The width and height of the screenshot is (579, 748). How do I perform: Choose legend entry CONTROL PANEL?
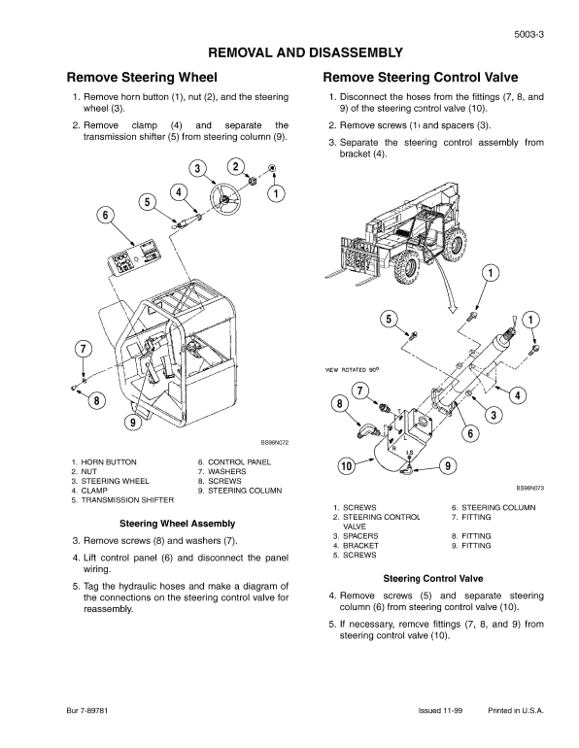(240, 461)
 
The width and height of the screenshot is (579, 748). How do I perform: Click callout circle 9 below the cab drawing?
(132, 423)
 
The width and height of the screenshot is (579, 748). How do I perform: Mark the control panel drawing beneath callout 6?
(133, 261)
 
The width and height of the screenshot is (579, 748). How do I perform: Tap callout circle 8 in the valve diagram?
(340, 402)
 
